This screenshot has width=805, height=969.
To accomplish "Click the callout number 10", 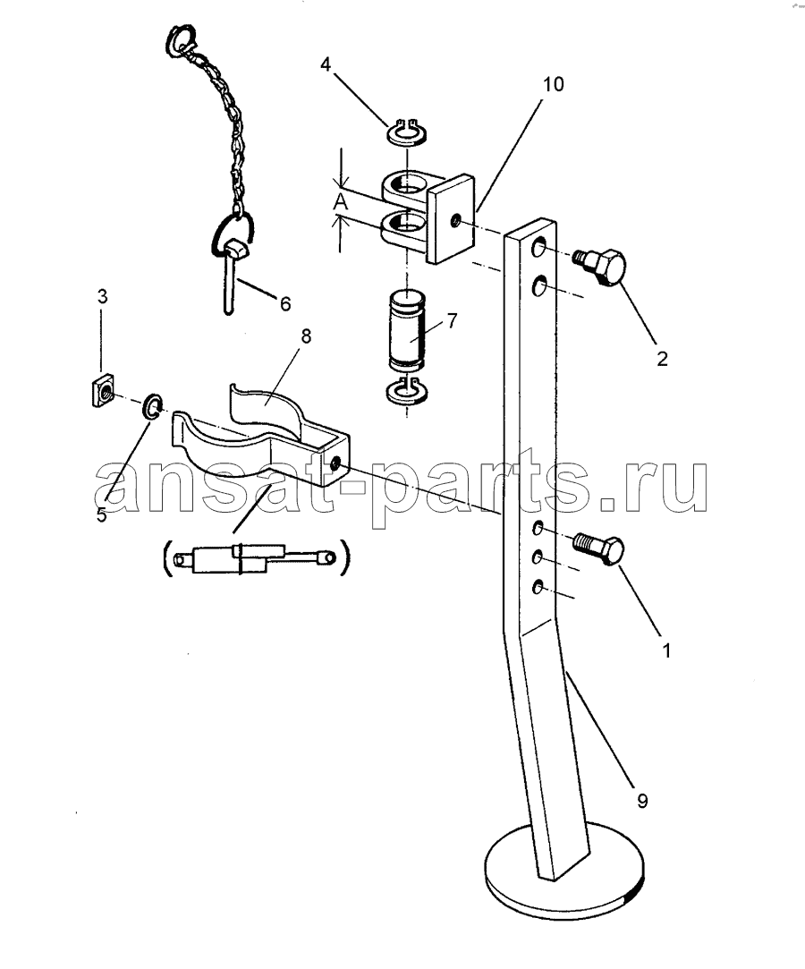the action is (553, 84).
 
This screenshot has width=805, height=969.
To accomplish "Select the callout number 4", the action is (326, 64).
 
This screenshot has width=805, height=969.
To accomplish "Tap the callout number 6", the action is (284, 303).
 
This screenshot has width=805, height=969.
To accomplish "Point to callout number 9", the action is (642, 801).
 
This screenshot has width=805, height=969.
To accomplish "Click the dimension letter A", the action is (341, 201).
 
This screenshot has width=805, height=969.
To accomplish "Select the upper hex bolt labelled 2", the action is (600, 267).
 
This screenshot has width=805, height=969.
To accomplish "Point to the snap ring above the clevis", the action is (408, 131).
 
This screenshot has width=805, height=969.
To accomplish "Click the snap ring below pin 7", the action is (406, 391).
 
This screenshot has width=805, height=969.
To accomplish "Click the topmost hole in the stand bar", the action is (538, 249).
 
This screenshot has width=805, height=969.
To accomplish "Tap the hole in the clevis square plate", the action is (455, 219).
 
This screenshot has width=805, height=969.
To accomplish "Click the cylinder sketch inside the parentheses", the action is (255, 557).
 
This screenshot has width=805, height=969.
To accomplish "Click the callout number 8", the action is (306, 336).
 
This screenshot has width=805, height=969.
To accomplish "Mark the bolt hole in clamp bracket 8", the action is (335, 463).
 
